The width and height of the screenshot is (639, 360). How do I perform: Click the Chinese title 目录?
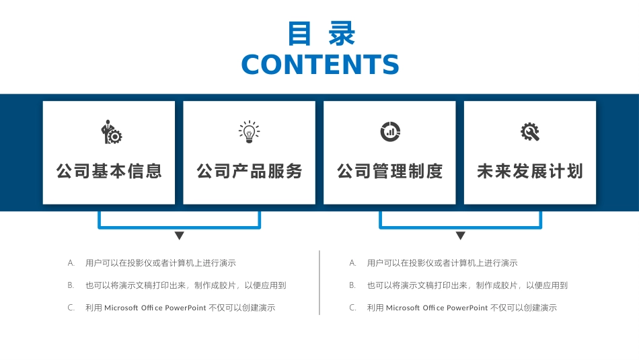click(321, 34)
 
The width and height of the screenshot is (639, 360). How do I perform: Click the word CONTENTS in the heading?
click(320, 65)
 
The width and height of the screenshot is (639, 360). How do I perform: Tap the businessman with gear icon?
click(111, 132)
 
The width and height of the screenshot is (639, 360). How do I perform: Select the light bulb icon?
click(250, 132)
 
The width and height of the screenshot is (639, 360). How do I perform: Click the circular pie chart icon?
click(390, 132)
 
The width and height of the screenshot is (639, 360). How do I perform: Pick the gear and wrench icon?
click(530, 132)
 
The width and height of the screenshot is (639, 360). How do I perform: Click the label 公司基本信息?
click(109, 171)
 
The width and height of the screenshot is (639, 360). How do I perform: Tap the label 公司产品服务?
click(250, 171)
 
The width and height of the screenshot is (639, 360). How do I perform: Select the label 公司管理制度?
click(390, 171)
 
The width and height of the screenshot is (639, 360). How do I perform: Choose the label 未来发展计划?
click(530, 171)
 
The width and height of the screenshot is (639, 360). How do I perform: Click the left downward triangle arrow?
click(179, 236)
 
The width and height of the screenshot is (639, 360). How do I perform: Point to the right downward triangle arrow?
click(460, 236)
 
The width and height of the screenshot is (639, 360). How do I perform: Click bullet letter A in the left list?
click(71, 263)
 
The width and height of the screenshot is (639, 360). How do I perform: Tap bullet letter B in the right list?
click(352, 285)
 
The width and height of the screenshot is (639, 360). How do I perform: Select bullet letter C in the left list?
click(71, 308)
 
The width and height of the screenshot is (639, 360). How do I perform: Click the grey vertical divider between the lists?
click(319, 283)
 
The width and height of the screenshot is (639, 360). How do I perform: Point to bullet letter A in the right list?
click(352, 263)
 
